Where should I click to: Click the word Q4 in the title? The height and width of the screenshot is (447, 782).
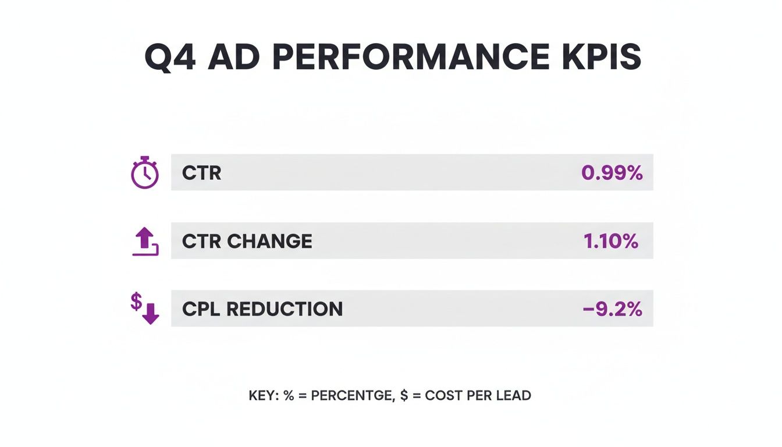169,58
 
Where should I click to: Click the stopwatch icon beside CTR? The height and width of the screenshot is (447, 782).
144,173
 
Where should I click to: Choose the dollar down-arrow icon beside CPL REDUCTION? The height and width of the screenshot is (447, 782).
145,309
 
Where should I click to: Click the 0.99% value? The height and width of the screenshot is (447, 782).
612,173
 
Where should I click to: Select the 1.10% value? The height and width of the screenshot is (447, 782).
610,241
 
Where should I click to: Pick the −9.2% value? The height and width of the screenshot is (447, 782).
612,309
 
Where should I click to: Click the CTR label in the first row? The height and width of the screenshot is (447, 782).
201,173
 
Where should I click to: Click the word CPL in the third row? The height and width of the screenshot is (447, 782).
201,309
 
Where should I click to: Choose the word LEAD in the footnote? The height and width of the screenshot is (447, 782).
513,396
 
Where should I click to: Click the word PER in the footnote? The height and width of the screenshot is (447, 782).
477,396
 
